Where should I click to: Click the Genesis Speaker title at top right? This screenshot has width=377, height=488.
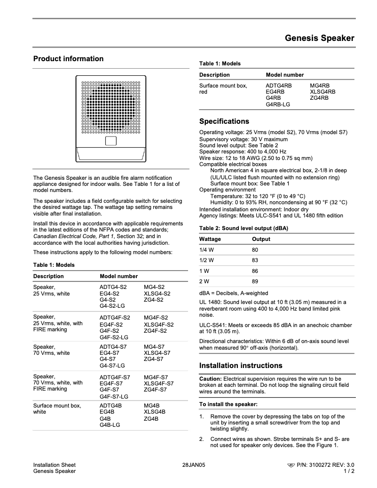[319, 38]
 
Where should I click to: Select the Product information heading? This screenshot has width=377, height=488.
[68, 59]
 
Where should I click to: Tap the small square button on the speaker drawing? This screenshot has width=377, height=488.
[110, 141]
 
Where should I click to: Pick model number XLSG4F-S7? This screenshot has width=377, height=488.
[158, 384]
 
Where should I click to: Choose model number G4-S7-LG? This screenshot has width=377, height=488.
[112, 366]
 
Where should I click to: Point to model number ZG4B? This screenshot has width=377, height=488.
[151, 418]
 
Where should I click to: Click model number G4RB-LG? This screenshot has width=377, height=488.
[278, 104]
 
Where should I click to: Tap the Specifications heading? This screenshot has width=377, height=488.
[224, 121]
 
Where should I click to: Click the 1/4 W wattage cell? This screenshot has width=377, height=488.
[206, 250]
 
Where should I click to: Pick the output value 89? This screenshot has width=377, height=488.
[255, 281]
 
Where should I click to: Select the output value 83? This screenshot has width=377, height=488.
[255, 260]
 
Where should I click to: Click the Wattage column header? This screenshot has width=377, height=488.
[210, 239]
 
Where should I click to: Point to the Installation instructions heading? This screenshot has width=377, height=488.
[241, 366]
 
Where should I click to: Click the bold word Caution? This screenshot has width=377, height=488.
[210, 379]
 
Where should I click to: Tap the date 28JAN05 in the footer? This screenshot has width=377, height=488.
[194, 465]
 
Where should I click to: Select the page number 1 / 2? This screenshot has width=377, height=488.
[349, 471]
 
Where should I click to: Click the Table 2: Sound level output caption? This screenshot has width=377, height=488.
[243, 228]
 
